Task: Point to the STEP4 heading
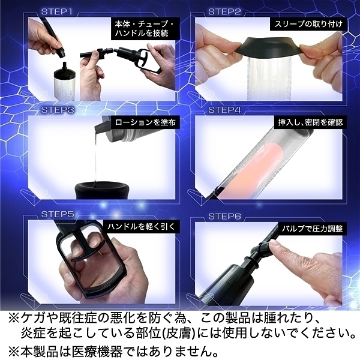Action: pyautogui.click(x=224, y=110)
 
